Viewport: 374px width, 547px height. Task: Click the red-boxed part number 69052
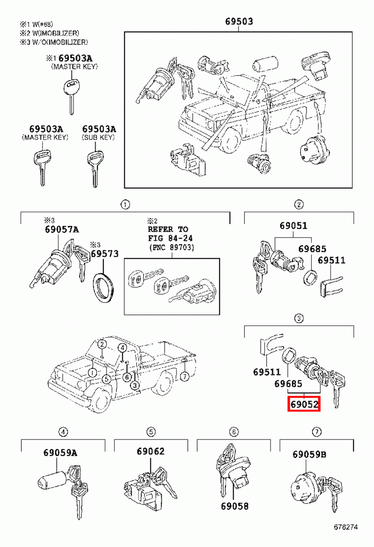pyautogui.click(x=304, y=404)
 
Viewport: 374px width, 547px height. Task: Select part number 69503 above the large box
pyautogui.click(x=239, y=22)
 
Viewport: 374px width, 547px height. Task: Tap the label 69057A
pyautogui.click(x=62, y=229)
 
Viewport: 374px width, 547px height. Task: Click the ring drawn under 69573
pyautogui.click(x=103, y=288)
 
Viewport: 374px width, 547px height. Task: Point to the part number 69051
pyautogui.click(x=293, y=226)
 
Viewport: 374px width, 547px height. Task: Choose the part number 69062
pyautogui.click(x=150, y=451)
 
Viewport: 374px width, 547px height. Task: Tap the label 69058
pyautogui.click(x=235, y=506)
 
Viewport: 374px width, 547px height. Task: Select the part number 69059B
pyautogui.click(x=309, y=454)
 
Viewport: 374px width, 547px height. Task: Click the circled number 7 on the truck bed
pyautogui.click(x=185, y=377)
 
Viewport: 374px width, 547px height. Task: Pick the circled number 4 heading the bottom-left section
pyautogui.click(x=63, y=432)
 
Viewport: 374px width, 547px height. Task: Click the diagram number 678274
pyautogui.click(x=346, y=527)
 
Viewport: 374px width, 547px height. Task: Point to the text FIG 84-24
pyautogui.click(x=170, y=238)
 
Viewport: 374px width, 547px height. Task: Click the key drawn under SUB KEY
pyautogui.click(x=95, y=168)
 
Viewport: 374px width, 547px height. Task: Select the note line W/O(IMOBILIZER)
pyautogui.click(x=54, y=42)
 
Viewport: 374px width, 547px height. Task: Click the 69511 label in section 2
pyautogui.click(x=331, y=260)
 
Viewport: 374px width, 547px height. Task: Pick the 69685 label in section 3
pyautogui.click(x=288, y=384)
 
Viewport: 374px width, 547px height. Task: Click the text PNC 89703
pyautogui.click(x=172, y=247)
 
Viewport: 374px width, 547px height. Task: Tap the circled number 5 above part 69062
pyautogui.click(x=151, y=432)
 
